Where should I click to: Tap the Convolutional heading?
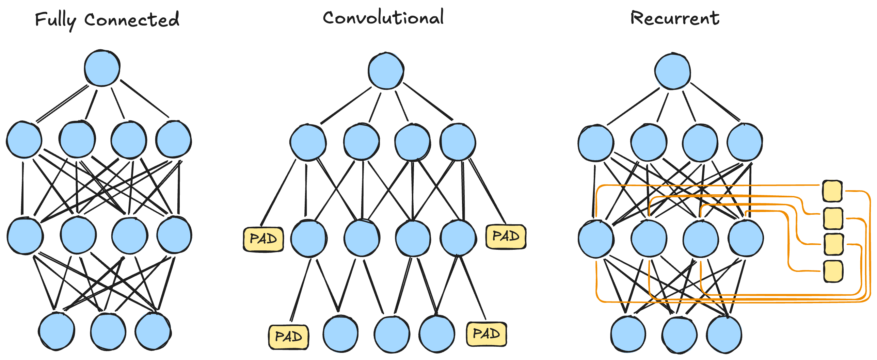(383, 17)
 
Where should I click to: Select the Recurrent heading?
(675, 18)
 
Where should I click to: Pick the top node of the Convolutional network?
(386, 71)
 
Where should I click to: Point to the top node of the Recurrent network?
(673, 71)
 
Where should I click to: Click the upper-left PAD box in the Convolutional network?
(264, 239)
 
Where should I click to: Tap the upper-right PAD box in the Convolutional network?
(506, 236)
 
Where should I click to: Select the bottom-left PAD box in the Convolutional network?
(289, 337)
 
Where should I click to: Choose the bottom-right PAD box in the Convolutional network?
(487, 334)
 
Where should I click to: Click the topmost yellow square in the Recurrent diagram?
(832, 191)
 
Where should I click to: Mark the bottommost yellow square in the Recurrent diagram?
(833, 271)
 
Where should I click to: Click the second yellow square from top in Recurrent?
(833, 218)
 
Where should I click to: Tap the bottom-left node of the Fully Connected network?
(57, 331)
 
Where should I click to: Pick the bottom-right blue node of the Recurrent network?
(724, 334)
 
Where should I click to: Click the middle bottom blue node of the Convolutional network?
(392, 334)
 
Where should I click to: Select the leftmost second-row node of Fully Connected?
(24, 140)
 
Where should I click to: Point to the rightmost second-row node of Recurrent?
(745, 142)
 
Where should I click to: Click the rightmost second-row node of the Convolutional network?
(458, 142)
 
